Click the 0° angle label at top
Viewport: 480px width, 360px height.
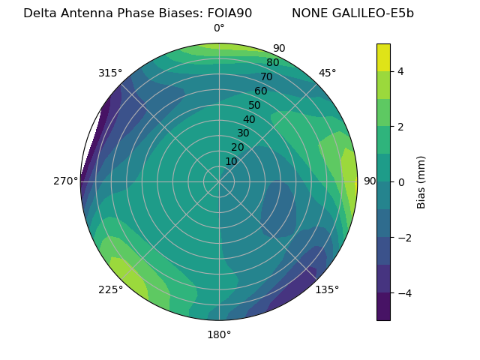tap(219, 28)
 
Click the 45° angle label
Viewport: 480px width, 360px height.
tap(328, 73)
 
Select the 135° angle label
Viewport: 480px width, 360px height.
tap(327, 289)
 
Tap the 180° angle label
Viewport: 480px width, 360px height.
tap(219, 334)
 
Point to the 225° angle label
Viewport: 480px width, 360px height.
tap(110, 289)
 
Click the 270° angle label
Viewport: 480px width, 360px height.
tap(66, 181)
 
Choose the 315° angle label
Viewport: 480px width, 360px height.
tap(110, 73)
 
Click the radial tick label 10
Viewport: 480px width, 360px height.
tap(231, 161)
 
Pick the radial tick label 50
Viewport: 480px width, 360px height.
tap(255, 105)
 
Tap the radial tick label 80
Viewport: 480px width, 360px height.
tap(272, 62)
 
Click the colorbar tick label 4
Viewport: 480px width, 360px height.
tap(401, 71)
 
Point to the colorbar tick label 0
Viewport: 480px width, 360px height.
tap(401, 182)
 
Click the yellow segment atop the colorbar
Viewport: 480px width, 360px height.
tap(383, 57)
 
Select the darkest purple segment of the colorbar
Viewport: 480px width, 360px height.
tap(383, 307)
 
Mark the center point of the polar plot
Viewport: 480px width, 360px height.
tap(219, 181)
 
